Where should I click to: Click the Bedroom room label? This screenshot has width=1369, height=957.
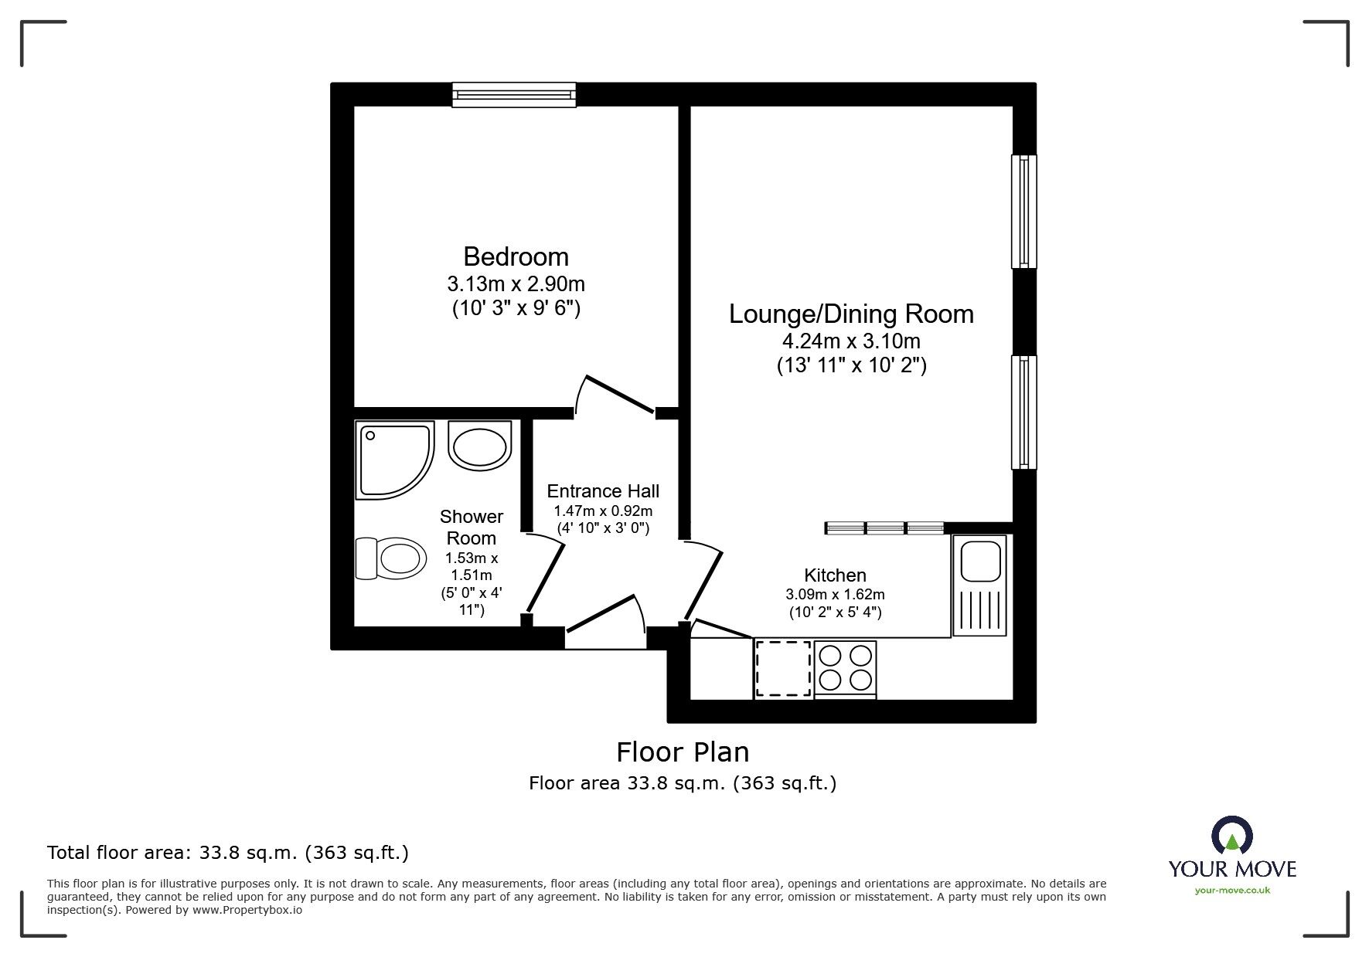point(516,256)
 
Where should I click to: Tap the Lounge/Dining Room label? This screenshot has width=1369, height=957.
point(851,314)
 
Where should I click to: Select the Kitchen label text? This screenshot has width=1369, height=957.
point(835,575)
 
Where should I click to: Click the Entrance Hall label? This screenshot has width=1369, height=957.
point(603,491)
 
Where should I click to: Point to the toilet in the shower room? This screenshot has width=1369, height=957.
point(392,558)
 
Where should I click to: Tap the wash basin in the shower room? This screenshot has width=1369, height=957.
point(479,446)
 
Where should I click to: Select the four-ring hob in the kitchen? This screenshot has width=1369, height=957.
point(845,668)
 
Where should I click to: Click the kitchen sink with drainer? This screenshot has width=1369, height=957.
point(979,585)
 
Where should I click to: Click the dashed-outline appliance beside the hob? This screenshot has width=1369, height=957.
point(783,669)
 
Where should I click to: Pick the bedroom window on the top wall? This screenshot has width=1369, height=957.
point(514,94)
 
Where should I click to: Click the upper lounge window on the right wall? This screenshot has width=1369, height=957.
point(1023,212)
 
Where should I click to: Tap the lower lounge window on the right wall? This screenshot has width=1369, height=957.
point(1023,412)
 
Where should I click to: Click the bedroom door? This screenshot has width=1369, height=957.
point(619,395)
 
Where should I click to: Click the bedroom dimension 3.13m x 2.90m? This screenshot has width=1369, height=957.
point(516,283)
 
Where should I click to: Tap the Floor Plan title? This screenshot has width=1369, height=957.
point(682,752)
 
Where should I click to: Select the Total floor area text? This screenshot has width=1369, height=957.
point(228,853)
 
